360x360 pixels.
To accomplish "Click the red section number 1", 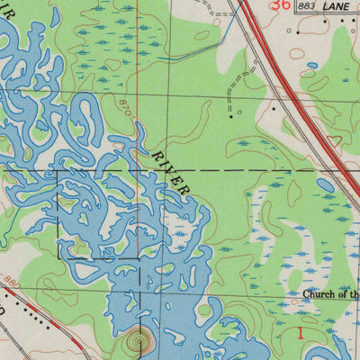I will tap(301, 333).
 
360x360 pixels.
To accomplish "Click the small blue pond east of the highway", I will tap(311, 66).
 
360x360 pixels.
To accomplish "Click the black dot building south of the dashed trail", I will tap(231, 116).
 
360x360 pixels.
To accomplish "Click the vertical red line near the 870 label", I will tap(138, 54).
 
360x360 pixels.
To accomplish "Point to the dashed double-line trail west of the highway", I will tap(236, 85).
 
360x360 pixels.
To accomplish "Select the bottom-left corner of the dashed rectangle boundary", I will tap(59, 259).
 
